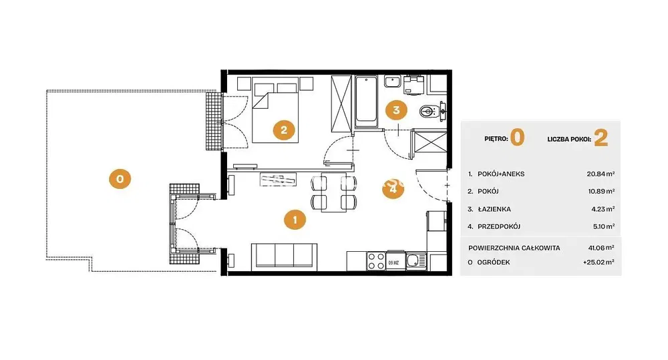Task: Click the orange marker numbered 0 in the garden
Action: [x=120, y=179]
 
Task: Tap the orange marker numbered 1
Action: [x=295, y=220]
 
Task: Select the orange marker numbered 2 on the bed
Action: [x=284, y=130]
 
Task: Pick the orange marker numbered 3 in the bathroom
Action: [x=396, y=110]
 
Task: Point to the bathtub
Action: [x=366, y=102]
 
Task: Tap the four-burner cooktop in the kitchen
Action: [x=376, y=260]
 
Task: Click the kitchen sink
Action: [x=415, y=260]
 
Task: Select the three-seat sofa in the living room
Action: [x=284, y=257]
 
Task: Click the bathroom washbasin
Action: [x=392, y=81]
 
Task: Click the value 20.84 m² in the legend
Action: [x=601, y=174]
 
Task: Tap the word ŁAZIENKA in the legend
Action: [x=494, y=209]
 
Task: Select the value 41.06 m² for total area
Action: [x=601, y=248]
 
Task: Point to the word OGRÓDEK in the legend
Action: [x=494, y=262]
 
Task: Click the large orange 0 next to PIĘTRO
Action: [x=517, y=138]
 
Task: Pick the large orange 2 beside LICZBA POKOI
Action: [x=601, y=138]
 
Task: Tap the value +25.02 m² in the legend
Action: [x=599, y=262]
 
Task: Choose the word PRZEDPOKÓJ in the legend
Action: [x=499, y=226]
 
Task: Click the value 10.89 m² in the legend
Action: [x=602, y=191]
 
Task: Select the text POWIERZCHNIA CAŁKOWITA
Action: [x=514, y=248]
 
